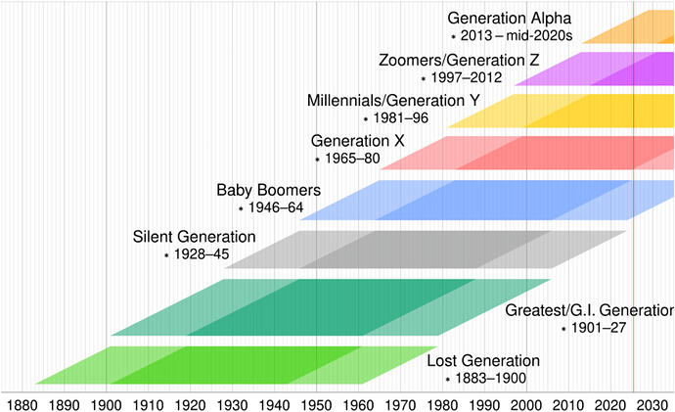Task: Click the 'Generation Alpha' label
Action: [x=510, y=19]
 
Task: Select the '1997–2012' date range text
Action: [x=467, y=77]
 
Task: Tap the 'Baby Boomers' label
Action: [x=269, y=190]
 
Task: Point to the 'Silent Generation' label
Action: [x=194, y=237]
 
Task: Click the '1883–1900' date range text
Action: [x=491, y=378]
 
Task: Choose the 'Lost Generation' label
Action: [x=483, y=361]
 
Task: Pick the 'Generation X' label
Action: [x=358, y=141]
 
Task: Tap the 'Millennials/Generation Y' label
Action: [x=393, y=101]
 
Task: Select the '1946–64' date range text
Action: [x=276, y=207]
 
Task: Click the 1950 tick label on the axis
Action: [x=316, y=405]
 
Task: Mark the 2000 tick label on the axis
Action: [x=527, y=405]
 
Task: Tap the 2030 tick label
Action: [x=652, y=405]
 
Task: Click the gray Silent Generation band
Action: [x=426, y=250]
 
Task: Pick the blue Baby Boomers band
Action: [x=486, y=201]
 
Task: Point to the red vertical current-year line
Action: [x=634, y=196]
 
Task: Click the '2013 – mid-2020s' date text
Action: [x=517, y=35]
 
